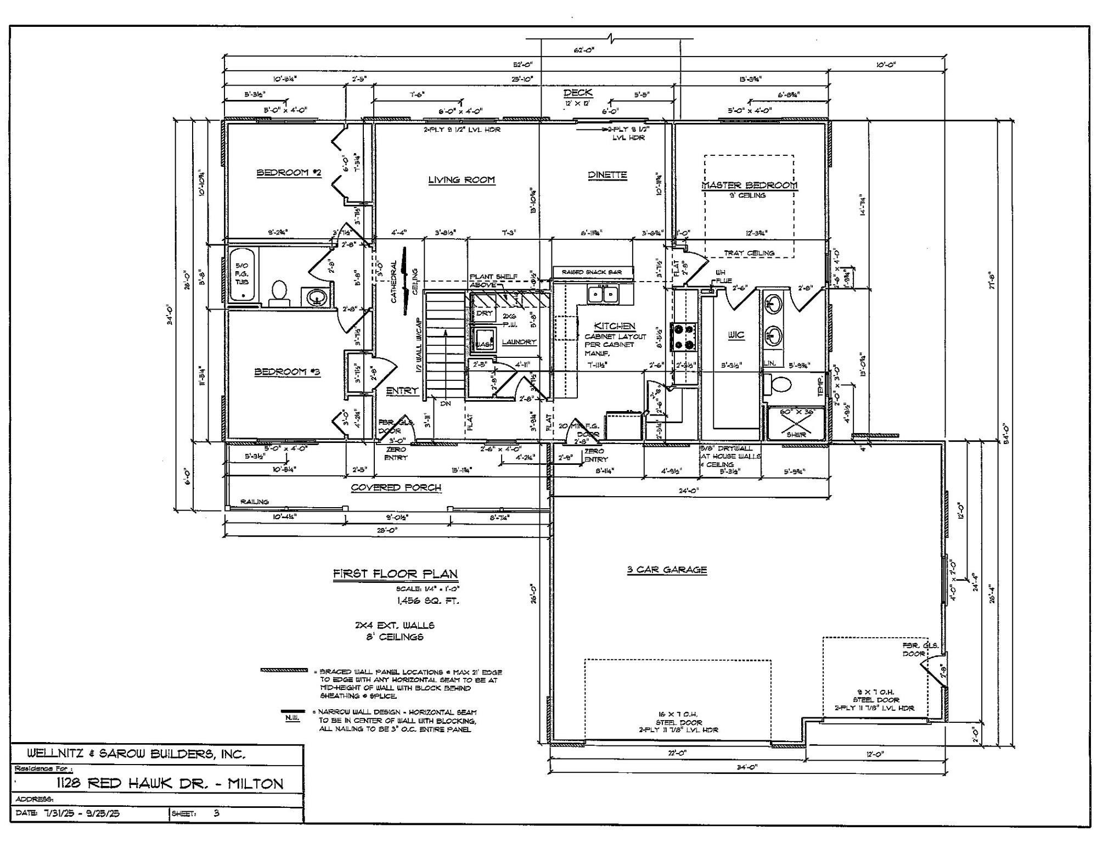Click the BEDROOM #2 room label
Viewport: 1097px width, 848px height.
pyautogui.click(x=289, y=173)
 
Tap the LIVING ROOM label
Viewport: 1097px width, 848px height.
pyautogui.click(x=461, y=180)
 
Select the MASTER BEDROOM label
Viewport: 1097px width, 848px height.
pyautogui.click(x=750, y=186)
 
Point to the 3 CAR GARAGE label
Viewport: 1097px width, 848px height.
pyautogui.click(x=667, y=570)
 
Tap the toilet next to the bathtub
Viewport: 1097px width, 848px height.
pyautogui.click(x=279, y=293)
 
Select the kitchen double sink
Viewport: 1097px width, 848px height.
pyautogui.click(x=603, y=295)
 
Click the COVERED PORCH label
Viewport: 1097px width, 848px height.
pyautogui.click(x=396, y=487)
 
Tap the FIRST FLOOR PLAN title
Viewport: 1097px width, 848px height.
pyautogui.click(x=395, y=574)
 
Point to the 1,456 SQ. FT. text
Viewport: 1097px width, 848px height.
pyautogui.click(x=427, y=601)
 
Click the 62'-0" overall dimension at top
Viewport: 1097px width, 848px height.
pyautogui.click(x=584, y=50)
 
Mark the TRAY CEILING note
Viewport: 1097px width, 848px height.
pyautogui.click(x=749, y=253)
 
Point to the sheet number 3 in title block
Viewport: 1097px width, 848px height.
pyautogui.click(x=216, y=813)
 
